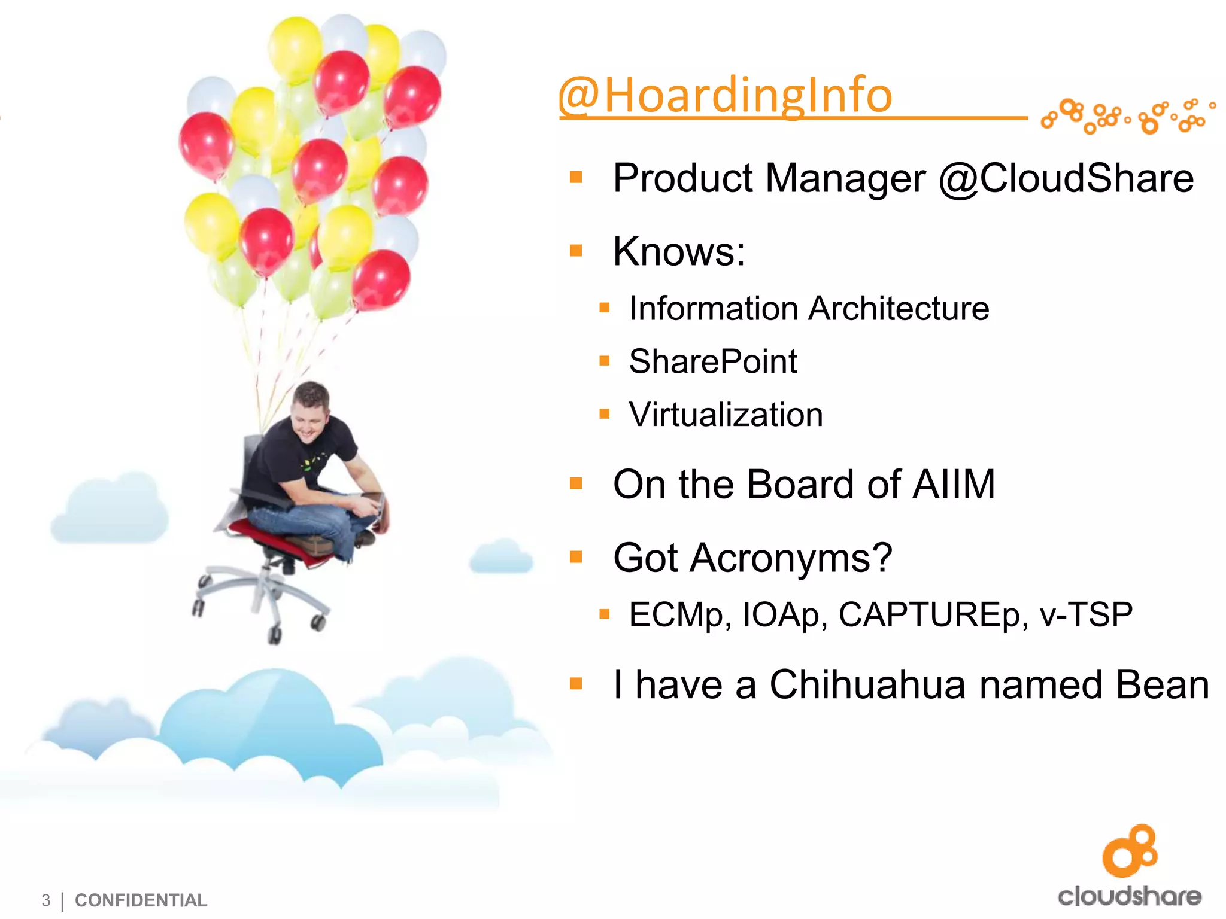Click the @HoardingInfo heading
(x=725, y=96)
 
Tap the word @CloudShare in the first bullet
(x=1066, y=178)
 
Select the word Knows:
(x=679, y=251)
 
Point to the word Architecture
(x=899, y=309)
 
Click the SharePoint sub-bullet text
(x=712, y=361)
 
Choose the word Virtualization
(x=726, y=415)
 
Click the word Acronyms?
(x=791, y=558)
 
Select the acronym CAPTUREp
(x=933, y=614)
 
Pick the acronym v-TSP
(x=1086, y=614)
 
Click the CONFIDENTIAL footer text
(x=141, y=900)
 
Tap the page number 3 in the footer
(x=46, y=900)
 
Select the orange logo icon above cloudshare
(x=1130, y=851)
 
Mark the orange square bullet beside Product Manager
(x=576, y=177)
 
